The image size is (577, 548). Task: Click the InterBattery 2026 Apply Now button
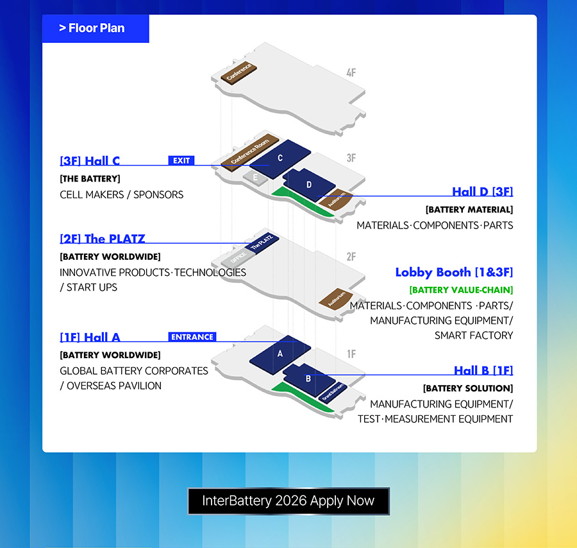tap(288, 501)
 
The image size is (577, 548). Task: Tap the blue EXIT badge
tap(181, 160)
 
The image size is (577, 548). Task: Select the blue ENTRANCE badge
tap(192, 337)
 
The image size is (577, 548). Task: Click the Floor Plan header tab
tap(96, 28)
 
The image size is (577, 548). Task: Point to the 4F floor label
tap(351, 73)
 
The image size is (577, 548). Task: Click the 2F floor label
tap(351, 257)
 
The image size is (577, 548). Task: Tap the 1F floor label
tap(351, 354)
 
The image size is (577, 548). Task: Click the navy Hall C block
tap(280, 158)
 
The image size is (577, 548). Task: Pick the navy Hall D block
tap(309, 184)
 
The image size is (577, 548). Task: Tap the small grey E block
tap(255, 178)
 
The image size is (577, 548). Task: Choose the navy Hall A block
tap(280, 354)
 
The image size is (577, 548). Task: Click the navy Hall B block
tap(308, 379)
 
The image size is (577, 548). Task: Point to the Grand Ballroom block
tap(333, 392)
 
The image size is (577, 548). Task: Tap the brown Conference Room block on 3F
tap(250, 153)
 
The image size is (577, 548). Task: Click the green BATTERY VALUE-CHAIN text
tap(461, 290)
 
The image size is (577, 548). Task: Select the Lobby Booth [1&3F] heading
tap(454, 272)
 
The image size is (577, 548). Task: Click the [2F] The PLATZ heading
tap(103, 239)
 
